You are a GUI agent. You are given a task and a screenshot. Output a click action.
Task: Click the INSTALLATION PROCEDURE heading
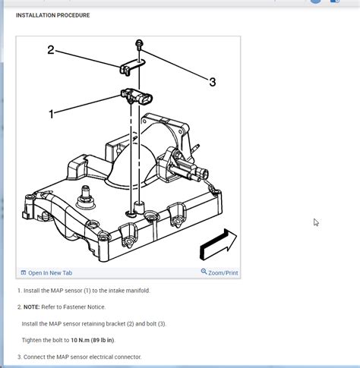tap(52, 15)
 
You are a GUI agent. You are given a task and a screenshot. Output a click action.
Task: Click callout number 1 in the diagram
tap(52, 114)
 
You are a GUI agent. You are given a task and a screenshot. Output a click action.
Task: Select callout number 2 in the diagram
tap(51, 50)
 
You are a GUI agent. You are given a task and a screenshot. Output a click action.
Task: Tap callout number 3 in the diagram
tap(212, 82)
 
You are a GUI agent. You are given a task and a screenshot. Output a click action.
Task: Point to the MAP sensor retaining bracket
tap(129, 68)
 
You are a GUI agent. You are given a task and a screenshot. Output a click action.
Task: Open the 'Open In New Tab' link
tap(50, 272)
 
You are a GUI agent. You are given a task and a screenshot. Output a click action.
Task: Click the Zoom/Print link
tap(223, 272)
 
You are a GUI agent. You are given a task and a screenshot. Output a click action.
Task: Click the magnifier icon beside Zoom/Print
tap(204, 272)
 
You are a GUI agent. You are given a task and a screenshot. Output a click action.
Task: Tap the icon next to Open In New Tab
tap(24, 272)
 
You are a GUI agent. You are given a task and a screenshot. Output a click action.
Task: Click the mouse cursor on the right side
tap(316, 222)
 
